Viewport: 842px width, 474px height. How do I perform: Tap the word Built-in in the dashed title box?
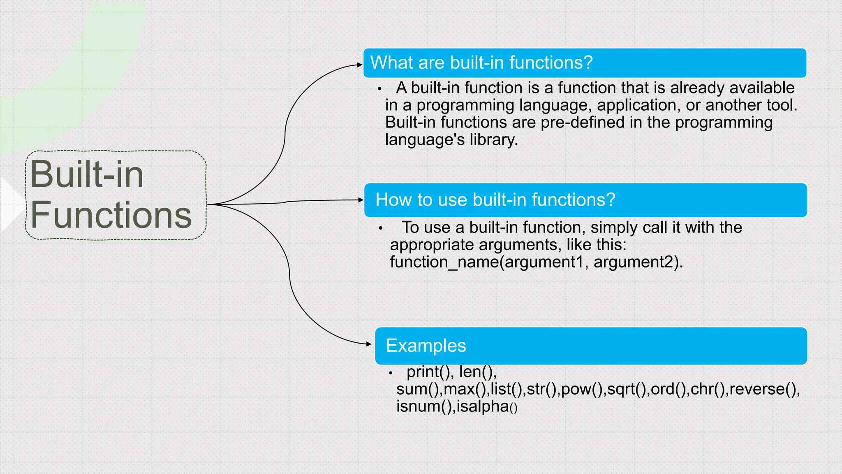click(87, 174)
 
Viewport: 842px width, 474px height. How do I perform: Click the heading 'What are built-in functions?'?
click(481, 63)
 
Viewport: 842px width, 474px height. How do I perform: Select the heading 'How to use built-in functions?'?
click(495, 200)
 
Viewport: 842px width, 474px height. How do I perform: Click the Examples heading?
click(426, 346)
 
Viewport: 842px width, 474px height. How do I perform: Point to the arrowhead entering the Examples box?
click(369, 344)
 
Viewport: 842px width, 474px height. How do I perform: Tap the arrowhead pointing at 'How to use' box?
click(361, 200)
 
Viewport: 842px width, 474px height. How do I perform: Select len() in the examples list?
click(477, 372)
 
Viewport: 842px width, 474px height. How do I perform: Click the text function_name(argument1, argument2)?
click(536, 262)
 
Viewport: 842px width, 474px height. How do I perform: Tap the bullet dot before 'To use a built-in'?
click(381, 228)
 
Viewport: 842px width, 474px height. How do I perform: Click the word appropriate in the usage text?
click(432, 245)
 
